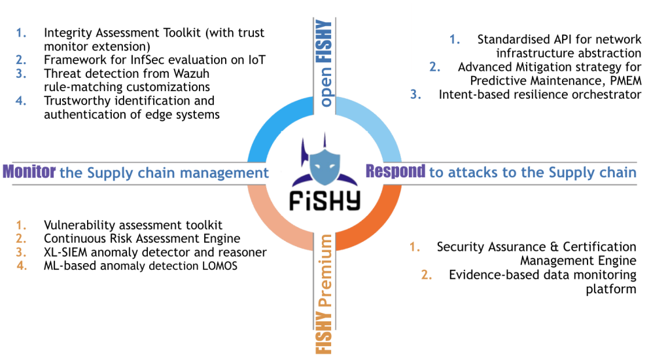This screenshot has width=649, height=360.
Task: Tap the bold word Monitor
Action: click(x=30, y=173)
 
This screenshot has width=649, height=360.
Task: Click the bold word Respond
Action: click(x=395, y=171)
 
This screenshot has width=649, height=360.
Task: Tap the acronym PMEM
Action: click(x=623, y=80)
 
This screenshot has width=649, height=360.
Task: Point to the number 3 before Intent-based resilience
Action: click(x=414, y=94)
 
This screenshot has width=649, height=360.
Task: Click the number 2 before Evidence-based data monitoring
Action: click(x=425, y=275)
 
